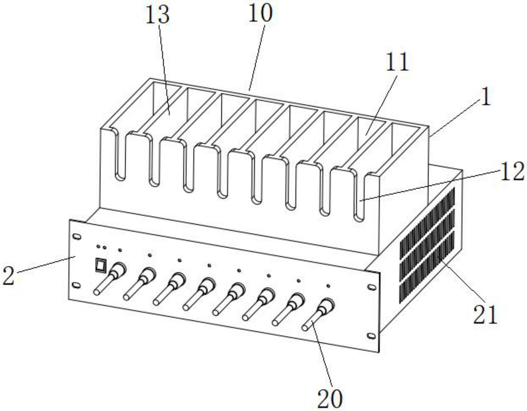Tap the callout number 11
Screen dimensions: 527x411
pyautogui.click(x=397, y=62)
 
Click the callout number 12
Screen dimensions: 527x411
pyautogui.click(x=512, y=172)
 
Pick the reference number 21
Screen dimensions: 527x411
pyautogui.click(x=486, y=315)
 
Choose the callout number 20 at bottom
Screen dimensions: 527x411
pyautogui.click(x=330, y=399)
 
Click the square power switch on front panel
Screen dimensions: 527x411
pyautogui.click(x=101, y=265)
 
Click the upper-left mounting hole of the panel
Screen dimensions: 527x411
pyautogui.click(x=77, y=237)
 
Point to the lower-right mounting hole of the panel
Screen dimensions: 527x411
pyautogui.click(x=371, y=336)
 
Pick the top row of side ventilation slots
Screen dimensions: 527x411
pyautogui.click(x=427, y=222)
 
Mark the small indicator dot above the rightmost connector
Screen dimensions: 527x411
pyautogui.click(x=328, y=286)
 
